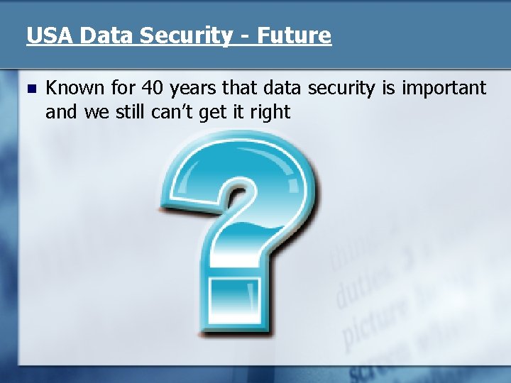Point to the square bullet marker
click(x=29, y=89)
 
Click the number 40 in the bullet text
click(x=153, y=88)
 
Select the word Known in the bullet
click(x=72, y=88)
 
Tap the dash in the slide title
click(x=243, y=36)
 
